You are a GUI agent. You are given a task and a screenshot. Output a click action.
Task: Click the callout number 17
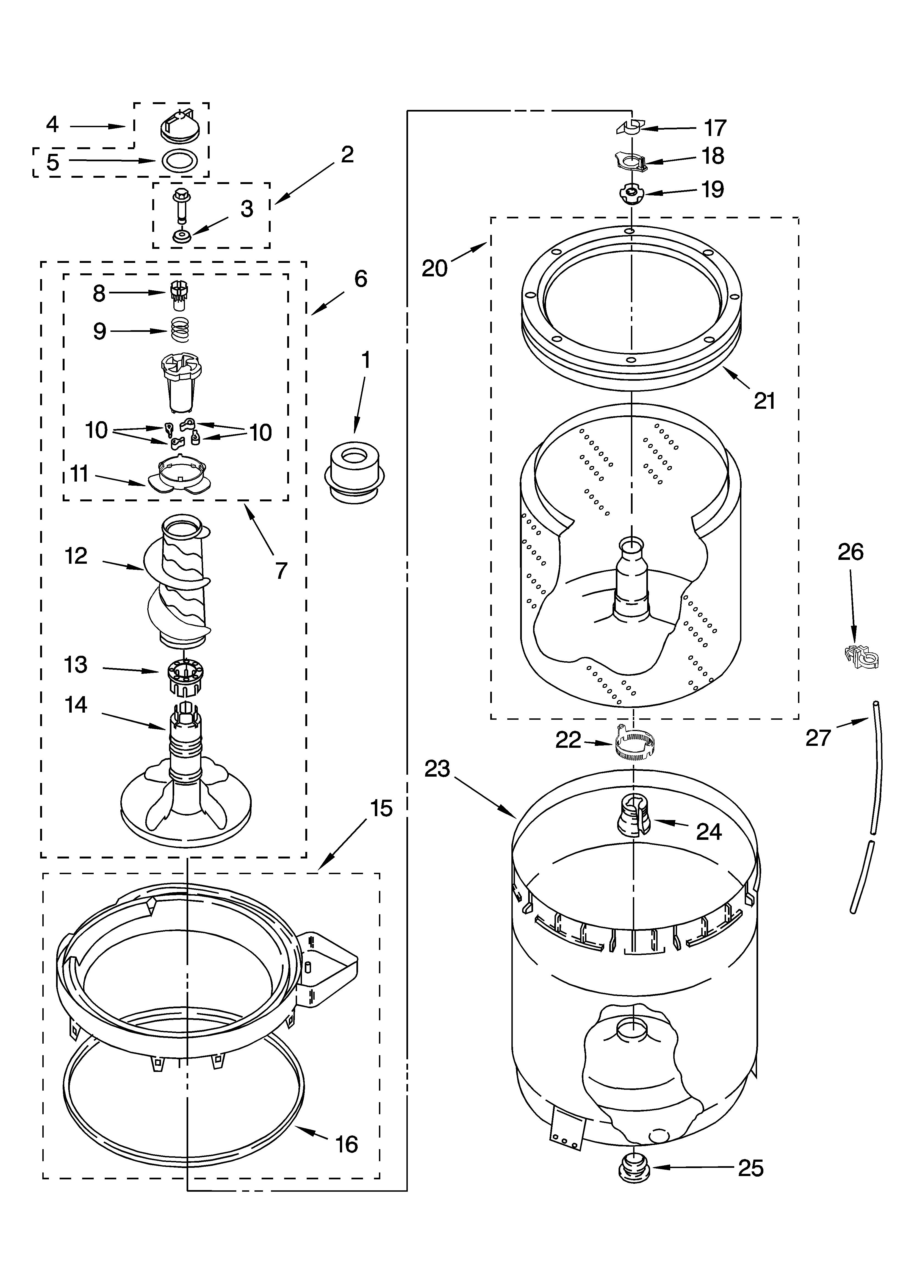tap(715, 128)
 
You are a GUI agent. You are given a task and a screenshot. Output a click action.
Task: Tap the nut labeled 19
tap(631, 193)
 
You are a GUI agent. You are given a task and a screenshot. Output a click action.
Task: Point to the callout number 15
tap(381, 808)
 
